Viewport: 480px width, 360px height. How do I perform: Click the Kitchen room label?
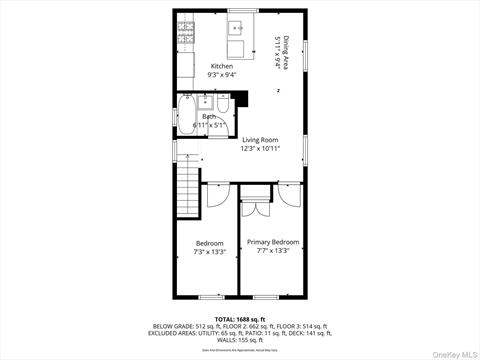coord(221,66)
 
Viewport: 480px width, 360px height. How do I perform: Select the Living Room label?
coord(260,140)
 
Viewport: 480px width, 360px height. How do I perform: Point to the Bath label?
coord(209,117)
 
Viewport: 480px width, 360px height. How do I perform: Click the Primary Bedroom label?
coord(273,242)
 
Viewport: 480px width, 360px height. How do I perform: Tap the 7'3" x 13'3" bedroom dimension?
coord(210,252)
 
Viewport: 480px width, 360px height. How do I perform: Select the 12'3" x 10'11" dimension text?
coord(260,148)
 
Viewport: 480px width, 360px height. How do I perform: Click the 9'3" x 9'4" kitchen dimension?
coord(221,74)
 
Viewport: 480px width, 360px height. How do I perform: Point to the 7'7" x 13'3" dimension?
coord(273,251)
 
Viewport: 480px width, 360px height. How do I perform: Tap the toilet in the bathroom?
coord(224,103)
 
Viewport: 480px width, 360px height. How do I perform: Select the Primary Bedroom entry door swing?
coord(289,197)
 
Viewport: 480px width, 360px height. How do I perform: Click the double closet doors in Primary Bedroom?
coord(255,208)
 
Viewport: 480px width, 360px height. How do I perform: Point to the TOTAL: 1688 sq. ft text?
coord(239,319)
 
